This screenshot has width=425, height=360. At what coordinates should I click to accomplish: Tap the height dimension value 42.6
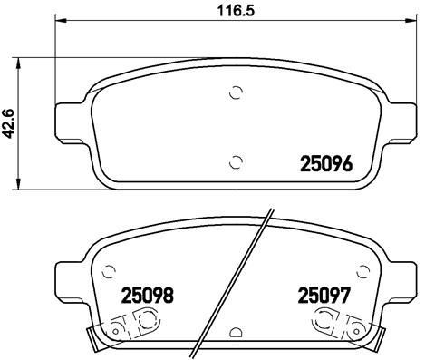10,120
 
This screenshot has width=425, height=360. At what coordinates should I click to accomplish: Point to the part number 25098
147,295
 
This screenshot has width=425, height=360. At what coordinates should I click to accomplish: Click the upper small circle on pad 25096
236,92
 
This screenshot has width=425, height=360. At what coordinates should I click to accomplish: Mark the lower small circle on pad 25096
236,162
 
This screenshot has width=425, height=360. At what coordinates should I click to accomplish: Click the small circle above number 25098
110,269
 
